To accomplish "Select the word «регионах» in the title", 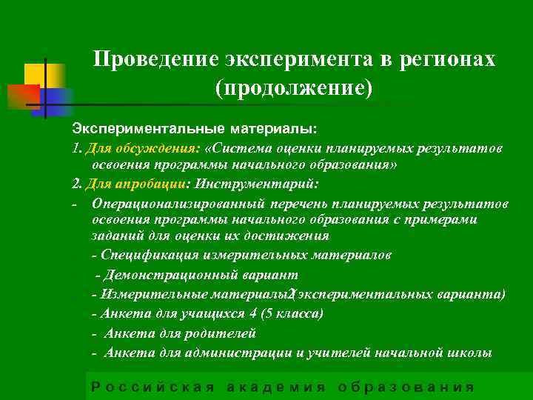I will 452,60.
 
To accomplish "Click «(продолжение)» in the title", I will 293,88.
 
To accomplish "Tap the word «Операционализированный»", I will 174,202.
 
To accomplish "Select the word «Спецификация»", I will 141,255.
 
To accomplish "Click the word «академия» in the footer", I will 275,386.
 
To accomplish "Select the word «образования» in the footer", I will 406,386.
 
